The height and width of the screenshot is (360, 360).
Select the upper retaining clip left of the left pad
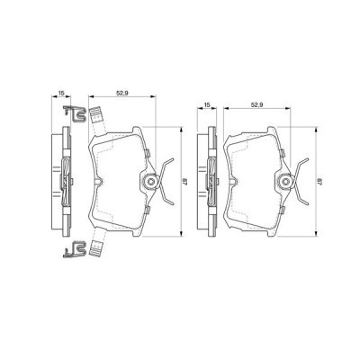click(x=73, y=114)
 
